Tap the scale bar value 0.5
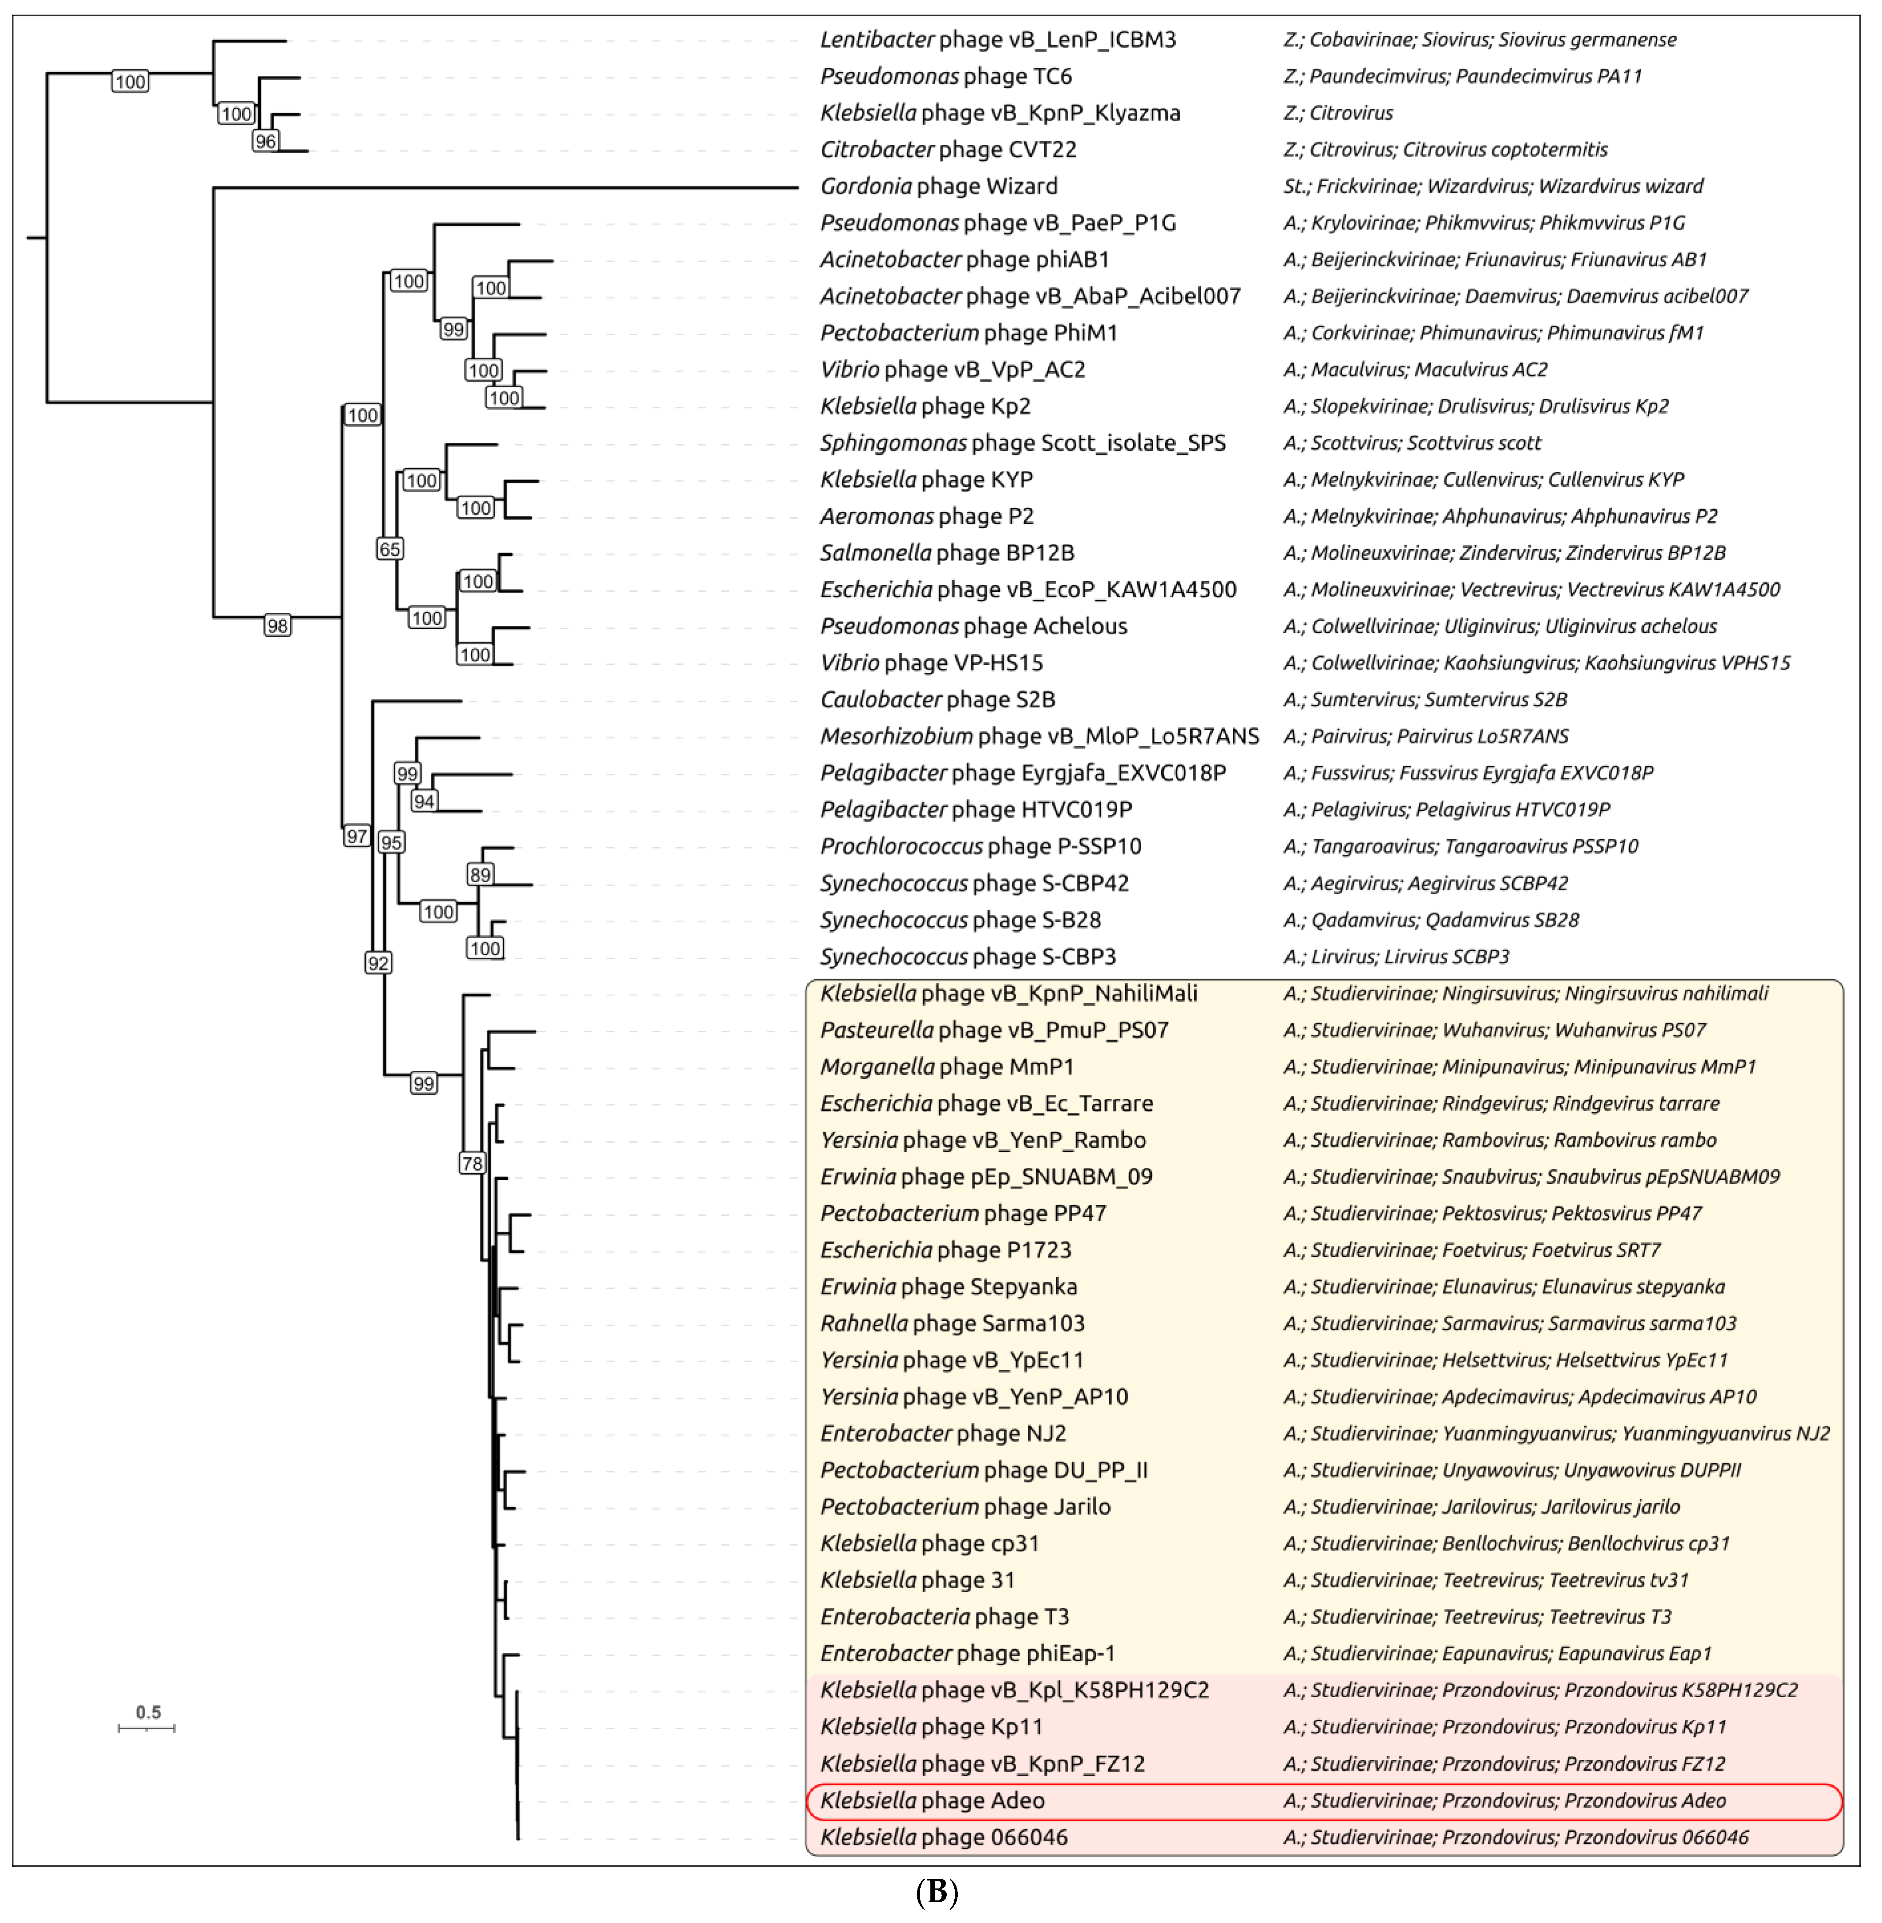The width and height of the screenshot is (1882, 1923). [x=148, y=1711]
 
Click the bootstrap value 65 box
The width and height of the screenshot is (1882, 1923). [x=389, y=549]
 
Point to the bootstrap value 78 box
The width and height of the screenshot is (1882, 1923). [x=472, y=1163]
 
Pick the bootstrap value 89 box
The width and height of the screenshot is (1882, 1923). [x=480, y=874]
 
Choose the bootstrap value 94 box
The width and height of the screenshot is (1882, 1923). [x=424, y=801]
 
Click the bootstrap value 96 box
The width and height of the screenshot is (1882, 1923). [x=265, y=141]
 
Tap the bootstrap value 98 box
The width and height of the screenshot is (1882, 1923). [x=278, y=625]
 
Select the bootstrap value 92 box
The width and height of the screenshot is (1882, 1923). [x=378, y=962]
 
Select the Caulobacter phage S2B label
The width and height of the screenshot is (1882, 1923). [x=937, y=699]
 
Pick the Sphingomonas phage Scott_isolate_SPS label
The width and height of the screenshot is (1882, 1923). [x=1022, y=443]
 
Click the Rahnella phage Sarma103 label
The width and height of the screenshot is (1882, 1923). [x=952, y=1323]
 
